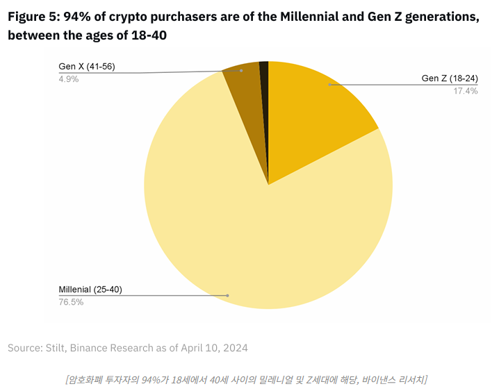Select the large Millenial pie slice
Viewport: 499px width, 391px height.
click(x=229, y=229)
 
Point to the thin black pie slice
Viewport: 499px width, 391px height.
click(x=264, y=76)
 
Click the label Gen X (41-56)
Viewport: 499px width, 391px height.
click(x=87, y=67)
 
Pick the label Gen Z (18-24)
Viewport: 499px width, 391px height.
click(x=450, y=78)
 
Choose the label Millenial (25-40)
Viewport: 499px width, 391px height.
click(x=90, y=290)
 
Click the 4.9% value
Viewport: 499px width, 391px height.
click(x=69, y=79)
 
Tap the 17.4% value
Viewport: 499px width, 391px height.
click(x=465, y=91)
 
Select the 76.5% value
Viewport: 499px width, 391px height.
click(x=72, y=302)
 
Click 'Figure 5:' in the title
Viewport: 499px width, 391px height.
click(x=33, y=17)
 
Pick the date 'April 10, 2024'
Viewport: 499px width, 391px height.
click(x=213, y=347)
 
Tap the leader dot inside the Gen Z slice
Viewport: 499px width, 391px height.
click(x=330, y=85)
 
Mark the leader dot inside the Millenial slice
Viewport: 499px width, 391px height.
click(x=227, y=296)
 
